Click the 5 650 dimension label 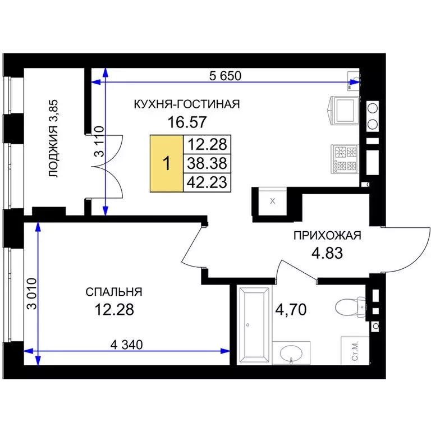coord(225,76)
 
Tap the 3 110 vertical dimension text coord(99,141)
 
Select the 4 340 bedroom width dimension coord(126,345)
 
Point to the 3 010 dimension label coord(32,294)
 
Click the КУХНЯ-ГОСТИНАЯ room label coord(187,104)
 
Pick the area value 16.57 coord(187,122)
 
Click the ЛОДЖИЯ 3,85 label coord(54,138)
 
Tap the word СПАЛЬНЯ coord(114,292)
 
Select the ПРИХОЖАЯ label coord(327,236)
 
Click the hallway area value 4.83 coord(327,253)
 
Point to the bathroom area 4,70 coord(291,310)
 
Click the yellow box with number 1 coord(167,163)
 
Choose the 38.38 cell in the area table coord(207,163)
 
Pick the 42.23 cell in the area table coord(207,182)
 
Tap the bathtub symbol coord(254,325)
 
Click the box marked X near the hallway coord(272,201)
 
